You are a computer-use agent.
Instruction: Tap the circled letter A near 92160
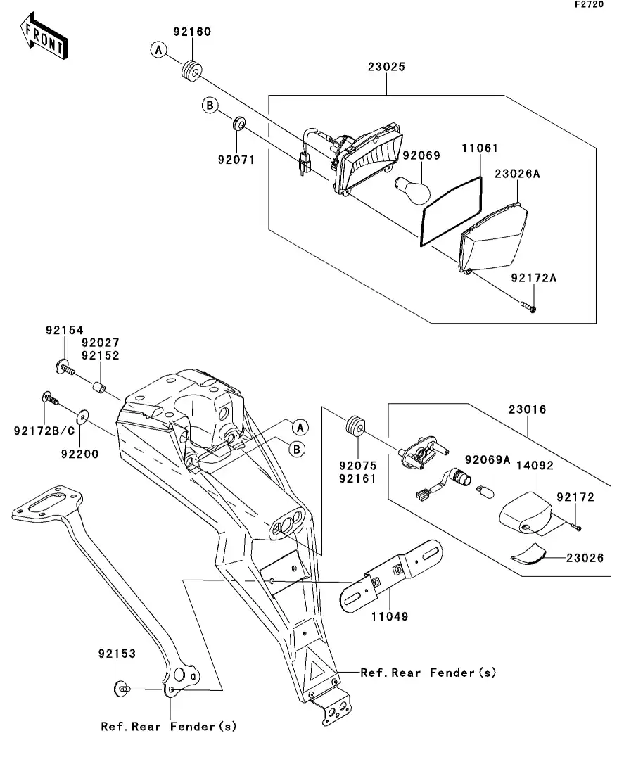click(159, 49)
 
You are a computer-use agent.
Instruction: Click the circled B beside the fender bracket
click(298, 448)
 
